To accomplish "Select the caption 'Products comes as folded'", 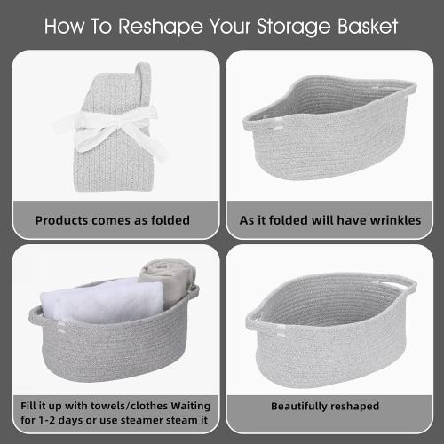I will point(112,219).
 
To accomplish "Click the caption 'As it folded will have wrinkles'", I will point(330,219).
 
